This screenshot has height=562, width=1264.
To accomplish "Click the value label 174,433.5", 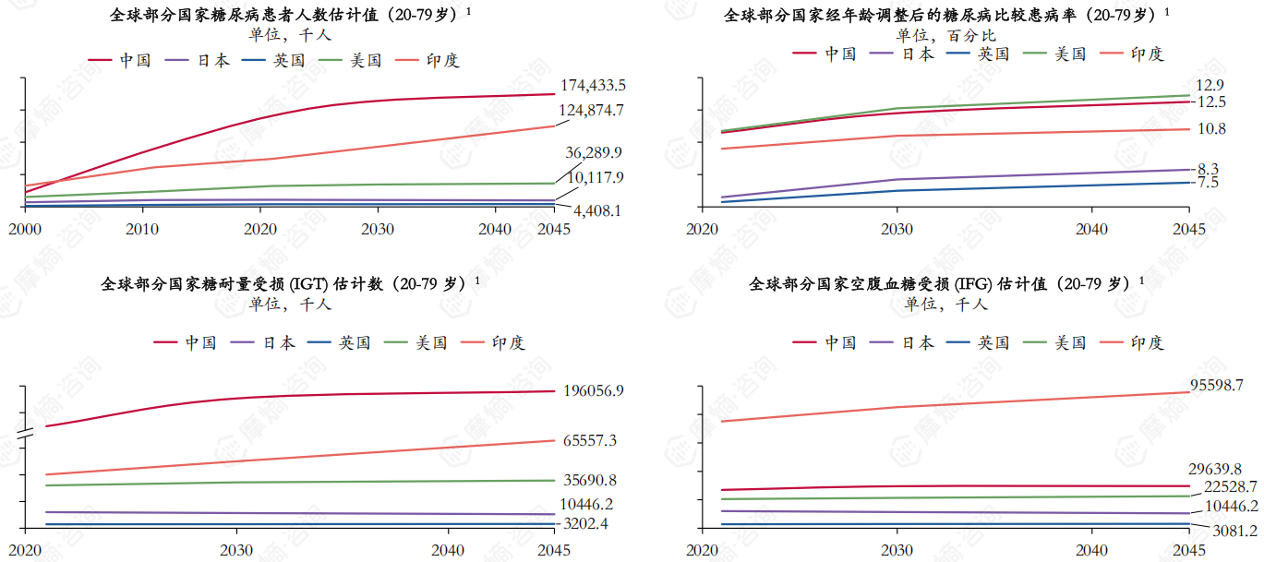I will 593,86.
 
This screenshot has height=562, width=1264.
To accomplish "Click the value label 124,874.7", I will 593,111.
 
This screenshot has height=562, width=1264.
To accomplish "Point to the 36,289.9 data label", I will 594,152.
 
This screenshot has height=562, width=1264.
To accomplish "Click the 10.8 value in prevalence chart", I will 1210,129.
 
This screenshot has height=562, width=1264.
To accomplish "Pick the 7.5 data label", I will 1208,184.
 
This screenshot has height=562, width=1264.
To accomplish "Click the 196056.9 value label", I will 593,391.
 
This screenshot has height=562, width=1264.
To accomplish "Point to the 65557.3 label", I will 589,441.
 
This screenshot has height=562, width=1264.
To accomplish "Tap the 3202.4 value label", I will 588,524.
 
